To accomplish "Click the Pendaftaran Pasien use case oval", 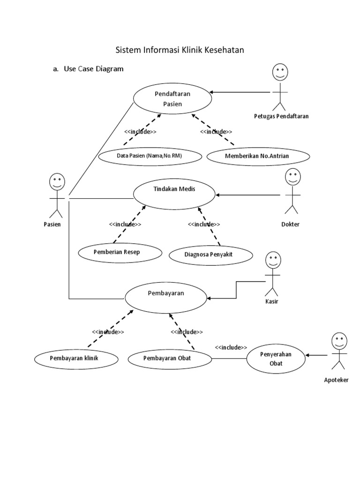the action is click(172, 98).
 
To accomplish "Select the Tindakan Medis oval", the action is click(174, 194).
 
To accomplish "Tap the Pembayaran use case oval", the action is click(166, 298).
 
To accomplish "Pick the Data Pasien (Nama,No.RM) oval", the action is click(150, 156).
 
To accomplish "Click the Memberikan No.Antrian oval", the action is click(258, 156).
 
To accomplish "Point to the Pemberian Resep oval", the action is click(120, 253).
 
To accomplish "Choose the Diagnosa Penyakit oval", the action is click(211, 255).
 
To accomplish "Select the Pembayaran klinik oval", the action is click(76, 359).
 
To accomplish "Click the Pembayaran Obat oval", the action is click(170, 359).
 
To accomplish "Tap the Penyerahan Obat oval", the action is click(276, 359).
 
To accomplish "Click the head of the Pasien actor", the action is click(57, 181).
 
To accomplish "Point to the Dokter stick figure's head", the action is click(292, 177).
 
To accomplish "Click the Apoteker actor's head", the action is click(339, 341).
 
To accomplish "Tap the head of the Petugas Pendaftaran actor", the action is click(280, 72).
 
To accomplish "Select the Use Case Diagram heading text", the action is click(94, 69).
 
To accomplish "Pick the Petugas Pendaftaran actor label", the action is click(281, 116).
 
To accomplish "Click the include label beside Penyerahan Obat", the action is click(231, 347).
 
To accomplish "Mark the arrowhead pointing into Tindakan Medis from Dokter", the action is click(217, 195).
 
